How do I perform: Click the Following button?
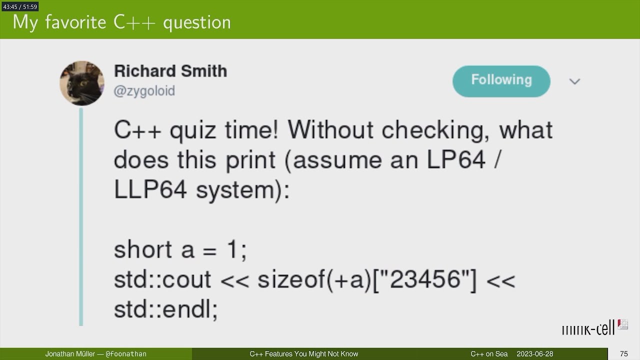(x=501, y=80)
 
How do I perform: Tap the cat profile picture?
(x=82, y=83)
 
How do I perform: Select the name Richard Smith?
(x=170, y=71)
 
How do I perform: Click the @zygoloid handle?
(x=144, y=91)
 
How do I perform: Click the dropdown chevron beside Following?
(x=574, y=81)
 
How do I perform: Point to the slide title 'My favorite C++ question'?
(x=121, y=22)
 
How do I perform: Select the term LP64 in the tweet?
(x=455, y=160)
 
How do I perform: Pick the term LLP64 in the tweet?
(x=150, y=190)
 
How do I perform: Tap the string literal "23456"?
(x=426, y=279)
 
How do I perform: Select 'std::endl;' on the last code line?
(x=165, y=309)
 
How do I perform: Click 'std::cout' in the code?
(x=162, y=279)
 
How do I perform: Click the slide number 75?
(x=623, y=354)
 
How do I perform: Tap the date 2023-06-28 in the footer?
(x=535, y=354)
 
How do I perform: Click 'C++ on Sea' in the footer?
(x=489, y=354)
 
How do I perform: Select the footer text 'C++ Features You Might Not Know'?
(x=304, y=354)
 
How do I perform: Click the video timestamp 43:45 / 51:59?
(x=20, y=6)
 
